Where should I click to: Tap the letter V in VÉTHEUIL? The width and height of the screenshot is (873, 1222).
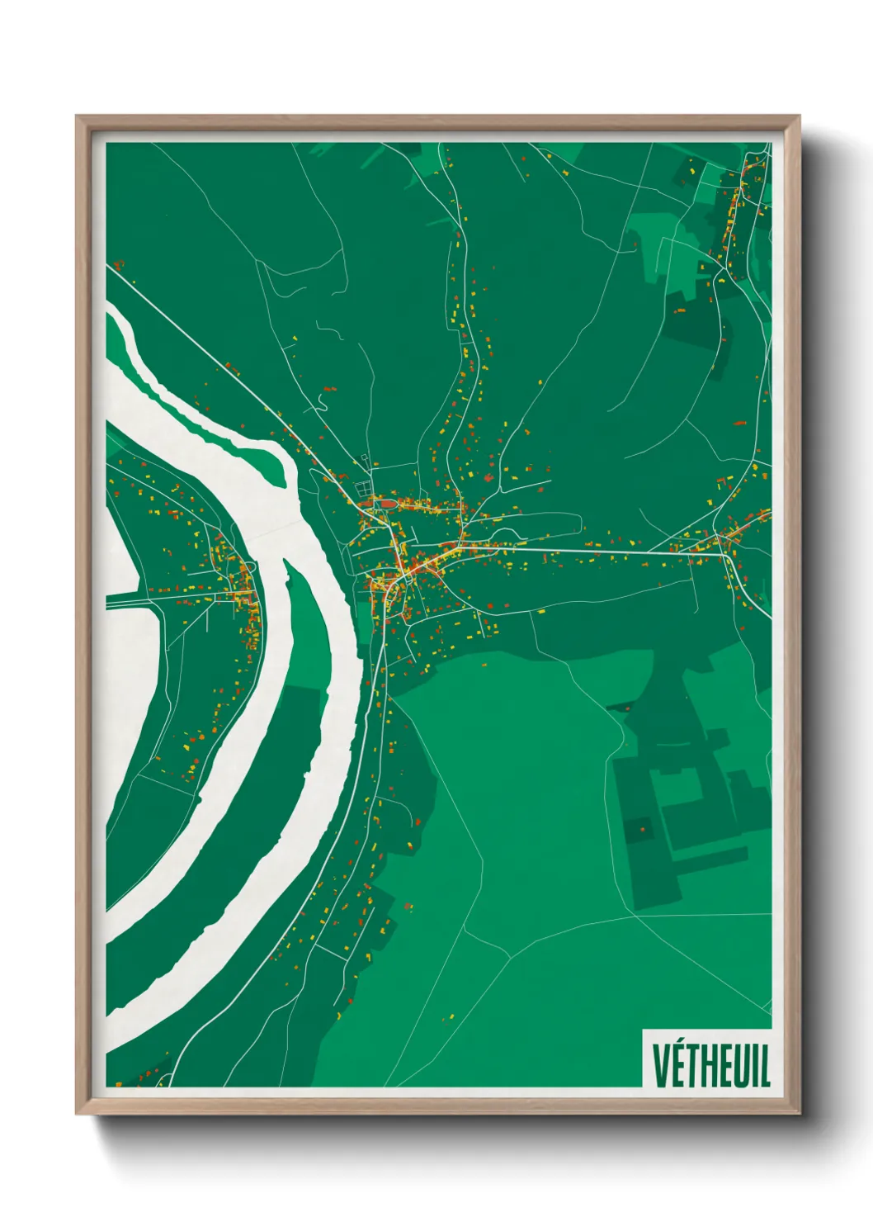[x=660, y=1066]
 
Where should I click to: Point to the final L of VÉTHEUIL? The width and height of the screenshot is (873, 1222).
[x=764, y=1066]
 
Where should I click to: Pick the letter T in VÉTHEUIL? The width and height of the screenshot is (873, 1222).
[x=690, y=1066]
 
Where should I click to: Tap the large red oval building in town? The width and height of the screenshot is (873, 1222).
[x=387, y=503]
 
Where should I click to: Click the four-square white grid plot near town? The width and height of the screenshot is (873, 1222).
[x=364, y=490]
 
